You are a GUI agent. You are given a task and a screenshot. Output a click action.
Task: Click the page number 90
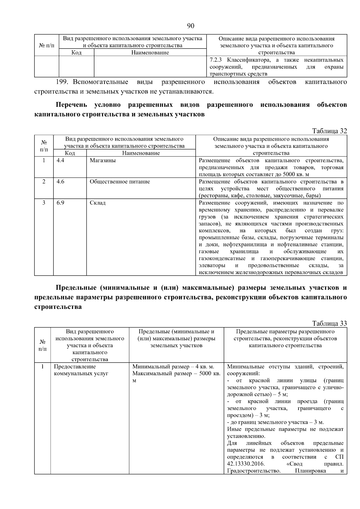coord(191,26)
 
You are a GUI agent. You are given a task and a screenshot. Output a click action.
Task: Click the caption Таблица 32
coord(329,131)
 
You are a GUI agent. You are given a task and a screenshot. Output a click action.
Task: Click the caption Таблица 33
coord(329,323)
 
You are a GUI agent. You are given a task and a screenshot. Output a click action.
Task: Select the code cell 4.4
coord(60,160)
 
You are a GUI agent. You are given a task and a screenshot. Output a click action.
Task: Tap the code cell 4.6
coord(60,182)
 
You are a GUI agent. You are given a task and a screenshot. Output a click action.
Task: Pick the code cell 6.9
coord(60,203)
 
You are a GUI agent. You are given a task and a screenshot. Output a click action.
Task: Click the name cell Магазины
coord(103,160)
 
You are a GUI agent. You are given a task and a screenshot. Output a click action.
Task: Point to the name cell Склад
coord(97,203)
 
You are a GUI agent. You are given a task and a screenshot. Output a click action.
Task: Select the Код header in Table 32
coord(70,153)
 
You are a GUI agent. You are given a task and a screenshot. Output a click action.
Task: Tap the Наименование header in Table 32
coord(141,153)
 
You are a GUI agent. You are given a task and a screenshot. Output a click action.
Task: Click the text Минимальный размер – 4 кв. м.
coord(173,367)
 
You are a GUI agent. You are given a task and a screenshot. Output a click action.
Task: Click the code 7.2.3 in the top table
coord(216,60)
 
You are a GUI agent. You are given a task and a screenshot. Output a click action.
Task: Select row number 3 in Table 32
coord(44,203)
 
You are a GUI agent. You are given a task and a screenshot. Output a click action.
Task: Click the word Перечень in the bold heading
coord(71,105)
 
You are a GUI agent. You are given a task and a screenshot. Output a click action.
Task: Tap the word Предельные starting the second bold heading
coord(75,288)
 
